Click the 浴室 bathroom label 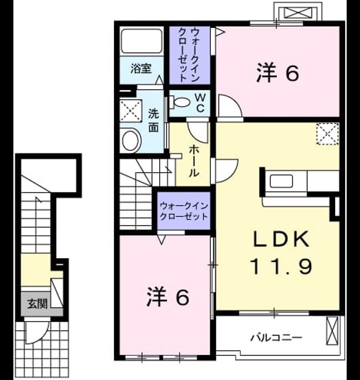click(x=141, y=69)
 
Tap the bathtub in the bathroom click(x=142, y=41)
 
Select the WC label click(x=200, y=103)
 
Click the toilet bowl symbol click(x=179, y=102)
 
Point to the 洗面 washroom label click(x=153, y=121)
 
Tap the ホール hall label click(x=194, y=161)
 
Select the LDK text click(x=281, y=239)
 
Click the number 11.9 click(x=281, y=266)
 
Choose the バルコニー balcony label click(x=276, y=337)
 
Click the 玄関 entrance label click(x=37, y=303)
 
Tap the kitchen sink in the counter click(x=281, y=181)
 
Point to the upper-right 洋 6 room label click(x=277, y=72)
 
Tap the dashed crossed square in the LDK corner click(x=327, y=134)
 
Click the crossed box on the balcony click(x=332, y=330)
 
